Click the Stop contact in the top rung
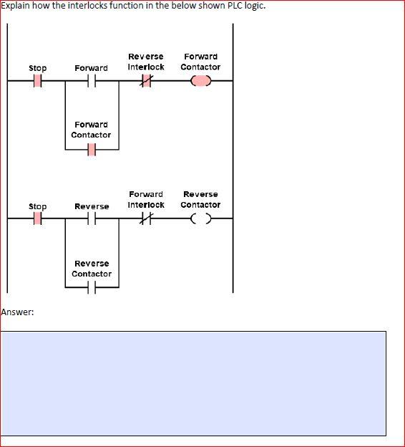pyautogui.click(x=37, y=82)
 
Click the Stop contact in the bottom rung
pyautogui.click(x=37, y=220)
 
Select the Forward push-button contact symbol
pyautogui.click(x=92, y=82)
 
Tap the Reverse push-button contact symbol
pyautogui.click(x=92, y=220)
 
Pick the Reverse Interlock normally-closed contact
pyautogui.click(x=146, y=82)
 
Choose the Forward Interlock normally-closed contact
pyautogui.click(x=146, y=220)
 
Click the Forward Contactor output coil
pyautogui.click(x=201, y=82)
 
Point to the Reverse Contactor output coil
pyautogui.click(x=201, y=220)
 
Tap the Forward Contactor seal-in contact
pyautogui.click(x=92, y=150)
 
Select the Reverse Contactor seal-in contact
pyautogui.click(x=92, y=288)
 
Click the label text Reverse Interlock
pyautogui.click(x=146, y=62)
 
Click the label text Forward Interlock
pyautogui.click(x=146, y=199)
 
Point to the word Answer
pyautogui.click(x=16, y=312)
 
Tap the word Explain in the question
pyautogui.click(x=16, y=6)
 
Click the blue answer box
pyautogui.click(x=193, y=383)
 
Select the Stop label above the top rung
pyautogui.click(x=37, y=68)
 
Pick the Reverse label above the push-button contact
pyautogui.click(x=92, y=206)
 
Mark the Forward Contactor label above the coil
pyautogui.click(x=201, y=62)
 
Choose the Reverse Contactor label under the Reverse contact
pyautogui.click(x=92, y=269)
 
